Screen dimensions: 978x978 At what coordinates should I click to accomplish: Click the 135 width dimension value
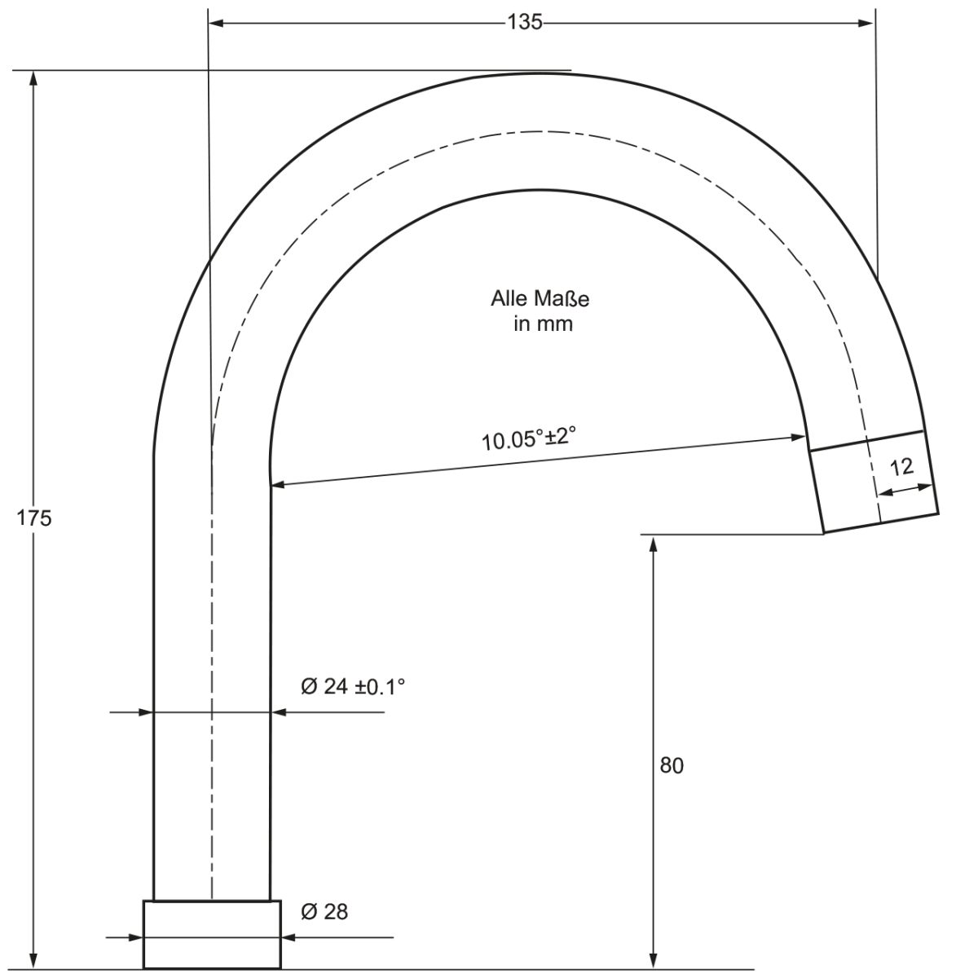pyautogui.click(x=525, y=22)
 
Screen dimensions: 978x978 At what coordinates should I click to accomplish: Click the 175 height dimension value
pyautogui.click(x=34, y=518)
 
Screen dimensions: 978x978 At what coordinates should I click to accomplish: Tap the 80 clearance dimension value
pyautogui.click(x=672, y=766)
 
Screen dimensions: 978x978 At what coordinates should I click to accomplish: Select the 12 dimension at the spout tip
pyautogui.click(x=901, y=468)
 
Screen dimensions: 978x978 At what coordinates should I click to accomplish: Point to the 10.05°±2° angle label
pyautogui.click(x=529, y=438)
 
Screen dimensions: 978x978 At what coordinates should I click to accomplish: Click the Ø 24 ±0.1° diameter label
pyautogui.click(x=353, y=687)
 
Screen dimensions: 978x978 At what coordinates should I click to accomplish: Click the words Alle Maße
pyautogui.click(x=540, y=299)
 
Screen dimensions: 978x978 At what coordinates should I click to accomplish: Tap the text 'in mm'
pyautogui.click(x=543, y=324)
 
